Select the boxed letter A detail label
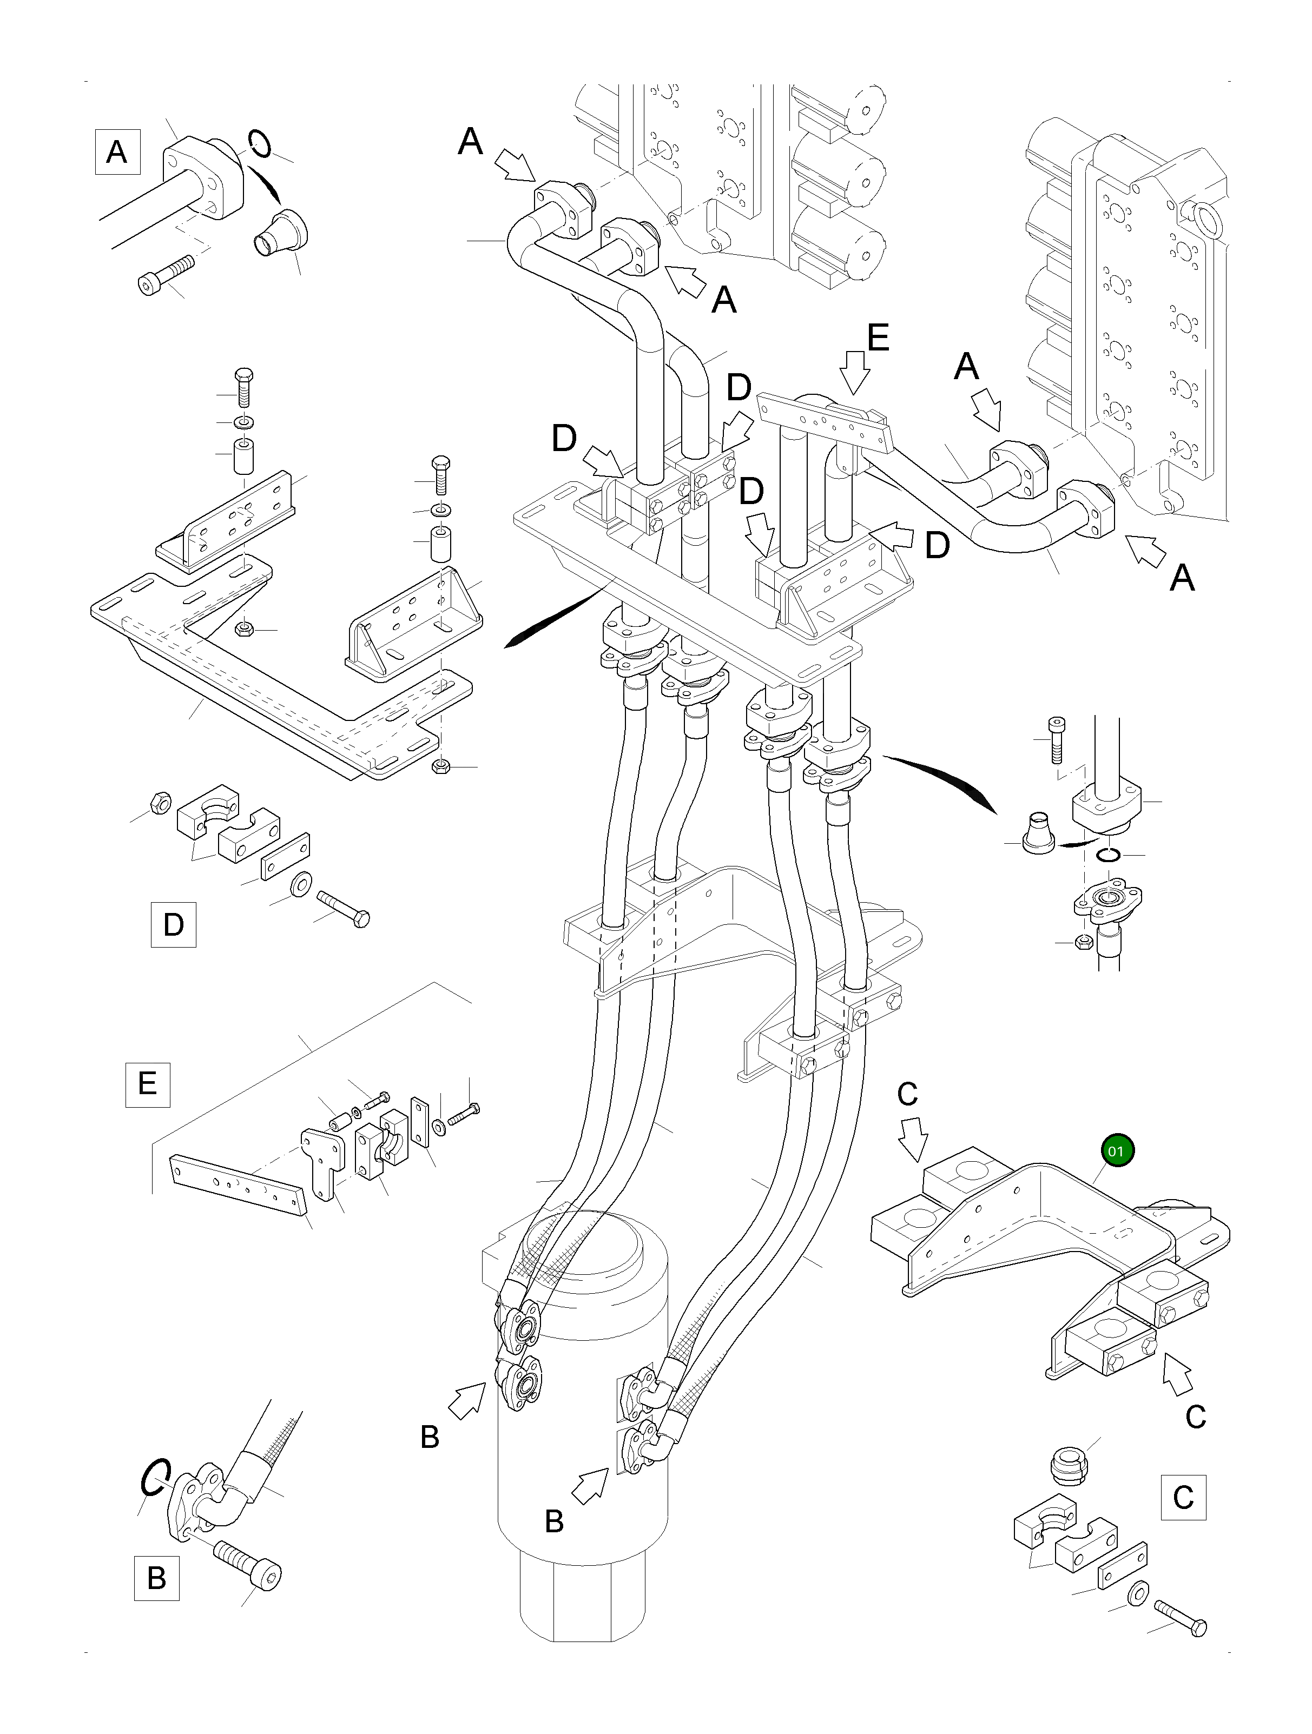pyautogui.click(x=117, y=151)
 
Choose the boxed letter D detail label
pyautogui.click(x=173, y=924)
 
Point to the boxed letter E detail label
pyautogui.click(x=148, y=1083)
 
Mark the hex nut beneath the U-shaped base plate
pyautogui.click(x=441, y=766)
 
